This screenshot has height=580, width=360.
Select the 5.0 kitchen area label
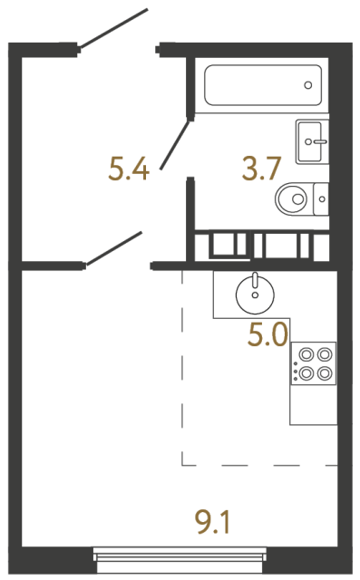click(268, 336)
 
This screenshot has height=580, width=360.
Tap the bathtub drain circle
click(308, 86)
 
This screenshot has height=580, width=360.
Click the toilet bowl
click(293, 198)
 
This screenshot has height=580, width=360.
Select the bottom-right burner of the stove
click(323, 372)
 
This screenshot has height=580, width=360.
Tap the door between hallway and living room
click(114, 248)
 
